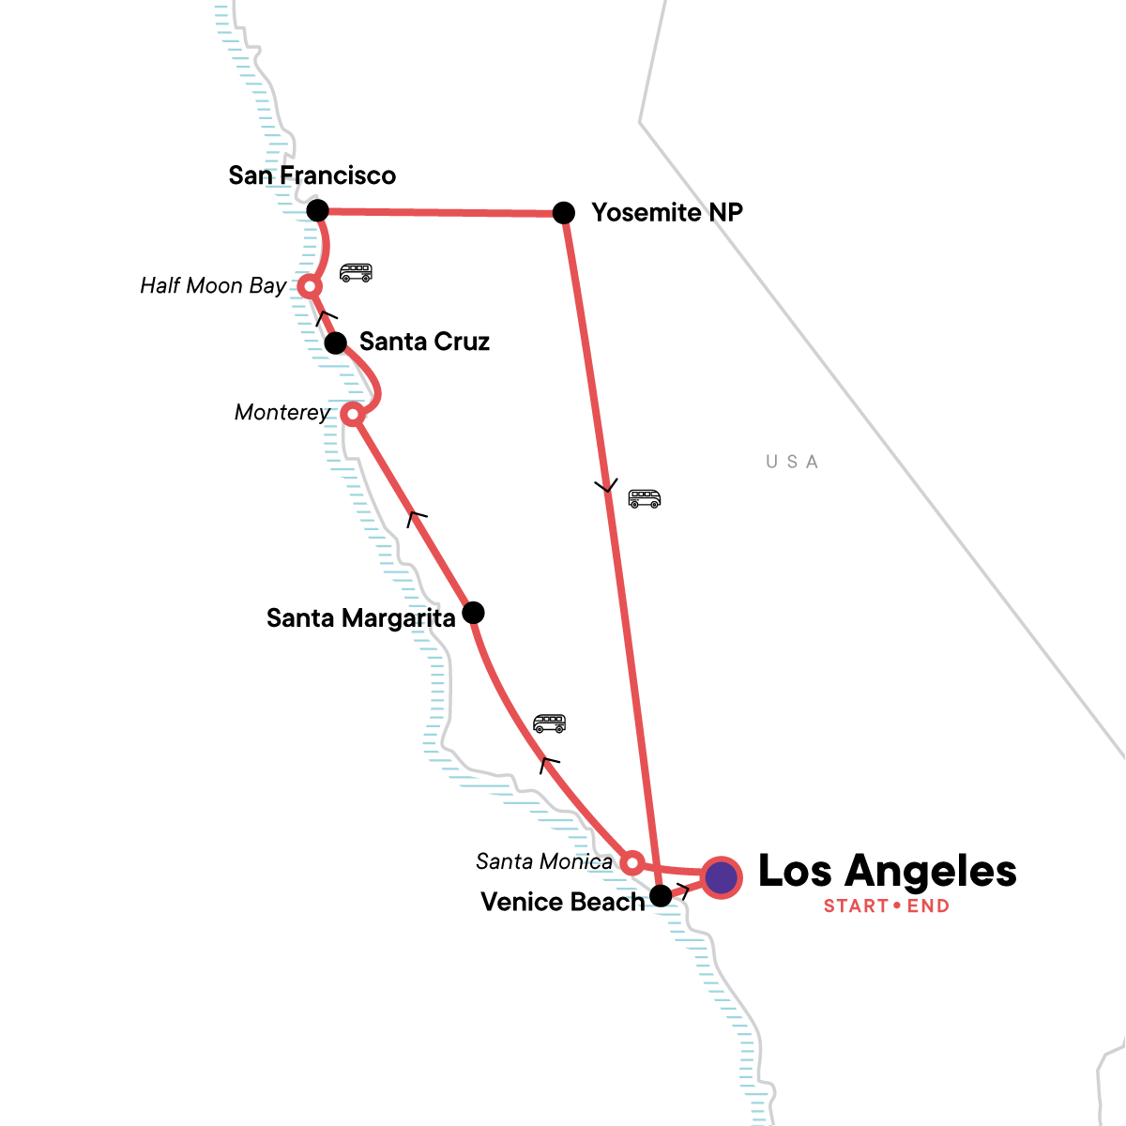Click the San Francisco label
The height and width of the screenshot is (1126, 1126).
coord(312,175)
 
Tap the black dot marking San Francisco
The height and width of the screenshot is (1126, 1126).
coord(318,209)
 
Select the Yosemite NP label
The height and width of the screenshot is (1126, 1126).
coord(666,213)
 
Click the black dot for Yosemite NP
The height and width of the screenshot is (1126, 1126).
coord(563,213)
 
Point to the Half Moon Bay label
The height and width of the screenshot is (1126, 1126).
coord(213,286)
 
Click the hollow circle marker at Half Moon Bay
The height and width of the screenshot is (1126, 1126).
coord(309,285)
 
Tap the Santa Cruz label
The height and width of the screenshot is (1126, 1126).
coord(424,342)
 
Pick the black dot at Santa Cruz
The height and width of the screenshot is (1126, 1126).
coord(335,343)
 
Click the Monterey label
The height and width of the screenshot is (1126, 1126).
coord(282,413)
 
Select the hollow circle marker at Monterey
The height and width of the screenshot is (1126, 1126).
coord(352,414)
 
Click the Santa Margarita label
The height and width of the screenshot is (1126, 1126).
coord(360,618)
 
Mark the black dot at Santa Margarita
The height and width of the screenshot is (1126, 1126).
coord(474,613)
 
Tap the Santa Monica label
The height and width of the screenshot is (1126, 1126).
coord(544,861)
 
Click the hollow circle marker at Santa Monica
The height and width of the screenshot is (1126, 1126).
coord(632,862)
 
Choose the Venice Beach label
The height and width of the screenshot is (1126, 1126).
coord(563,902)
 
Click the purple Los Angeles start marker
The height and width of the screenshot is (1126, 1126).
coord(721,878)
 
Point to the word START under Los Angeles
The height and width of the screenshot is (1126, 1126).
coord(856,906)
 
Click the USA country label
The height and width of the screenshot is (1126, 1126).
coord(792,462)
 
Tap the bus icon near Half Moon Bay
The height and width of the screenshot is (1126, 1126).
coord(356,272)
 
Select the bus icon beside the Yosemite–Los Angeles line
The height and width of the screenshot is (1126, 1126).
coord(644,498)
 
